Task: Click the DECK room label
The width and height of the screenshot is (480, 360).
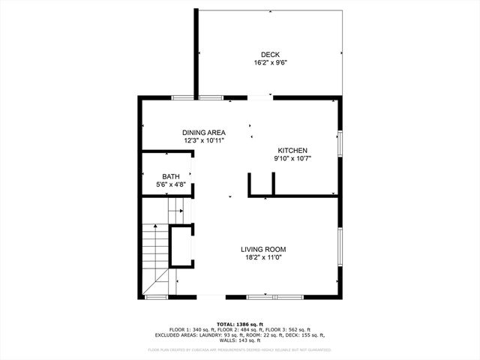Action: (270, 54)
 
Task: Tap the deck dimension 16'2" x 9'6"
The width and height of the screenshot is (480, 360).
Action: (270, 63)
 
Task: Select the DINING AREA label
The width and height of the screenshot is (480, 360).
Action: (204, 132)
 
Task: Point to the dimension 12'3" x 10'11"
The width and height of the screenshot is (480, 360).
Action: (204, 140)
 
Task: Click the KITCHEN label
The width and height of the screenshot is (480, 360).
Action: (292, 150)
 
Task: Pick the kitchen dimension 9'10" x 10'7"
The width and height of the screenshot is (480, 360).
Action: (292, 158)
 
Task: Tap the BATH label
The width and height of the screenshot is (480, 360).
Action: (170, 176)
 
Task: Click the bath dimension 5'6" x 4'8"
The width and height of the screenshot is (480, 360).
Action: (170, 184)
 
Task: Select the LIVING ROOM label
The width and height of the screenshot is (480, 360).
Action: (262, 249)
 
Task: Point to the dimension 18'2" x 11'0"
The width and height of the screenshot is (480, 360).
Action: (262, 257)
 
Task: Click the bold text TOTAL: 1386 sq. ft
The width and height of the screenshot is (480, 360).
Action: (240, 324)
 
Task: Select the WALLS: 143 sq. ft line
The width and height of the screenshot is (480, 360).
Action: (240, 340)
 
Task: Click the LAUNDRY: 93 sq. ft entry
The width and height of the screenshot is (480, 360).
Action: (222, 335)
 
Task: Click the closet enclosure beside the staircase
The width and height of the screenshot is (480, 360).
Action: (181, 245)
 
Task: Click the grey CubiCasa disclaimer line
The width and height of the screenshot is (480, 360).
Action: (240, 349)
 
